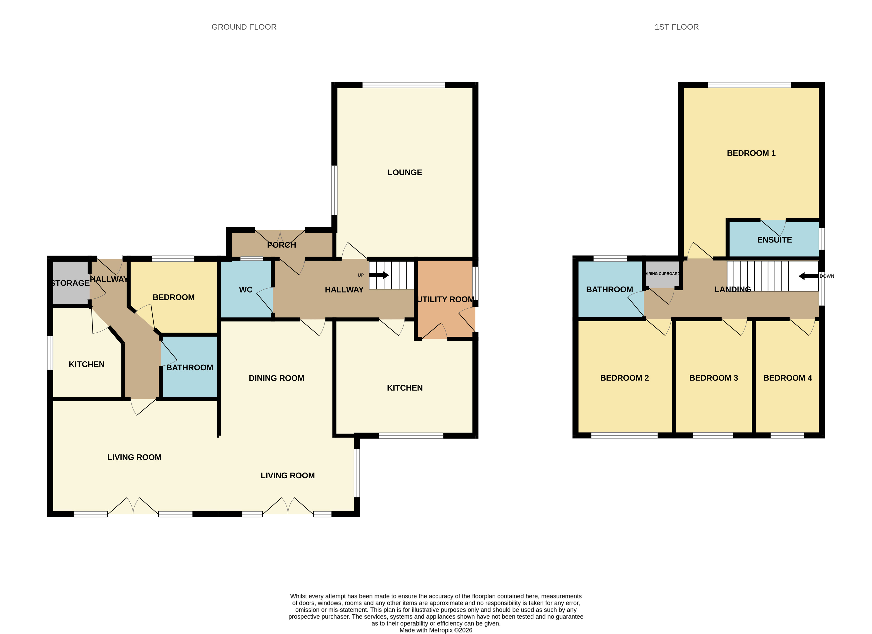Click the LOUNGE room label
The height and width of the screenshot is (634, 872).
click(x=405, y=172)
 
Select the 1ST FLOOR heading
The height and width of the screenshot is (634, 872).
click(x=676, y=27)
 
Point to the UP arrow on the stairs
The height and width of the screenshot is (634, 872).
click(x=379, y=275)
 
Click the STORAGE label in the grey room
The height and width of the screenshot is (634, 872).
click(x=70, y=283)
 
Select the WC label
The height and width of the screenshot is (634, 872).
click(x=246, y=290)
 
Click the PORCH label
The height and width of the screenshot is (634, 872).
click(x=281, y=245)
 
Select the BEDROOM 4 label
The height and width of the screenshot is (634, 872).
click(x=787, y=378)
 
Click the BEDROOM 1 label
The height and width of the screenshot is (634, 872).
click(x=751, y=153)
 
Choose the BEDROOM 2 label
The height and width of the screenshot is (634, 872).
click(x=624, y=378)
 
